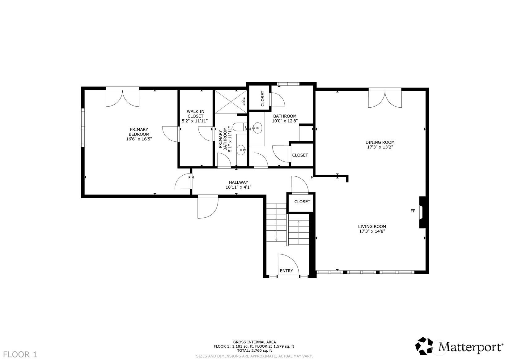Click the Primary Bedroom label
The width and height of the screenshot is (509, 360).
pyautogui.click(x=139, y=132)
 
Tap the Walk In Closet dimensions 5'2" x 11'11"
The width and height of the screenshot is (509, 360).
pyautogui.click(x=195, y=121)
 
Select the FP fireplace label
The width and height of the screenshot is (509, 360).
pyautogui.click(x=413, y=211)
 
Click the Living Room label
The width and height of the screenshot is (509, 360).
pyautogui.click(x=372, y=226)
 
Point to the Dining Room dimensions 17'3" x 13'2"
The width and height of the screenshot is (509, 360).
pyautogui.click(x=380, y=147)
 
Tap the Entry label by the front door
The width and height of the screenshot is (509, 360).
pyautogui.click(x=286, y=271)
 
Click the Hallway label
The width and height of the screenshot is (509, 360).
pyautogui.click(x=238, y=182)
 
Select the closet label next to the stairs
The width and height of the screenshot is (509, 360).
pyautogui.click(x=302, y=202)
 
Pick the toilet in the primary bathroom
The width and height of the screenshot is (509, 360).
pyautogui.click(x=239, y=127)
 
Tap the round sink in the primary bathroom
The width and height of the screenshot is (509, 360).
pyautogui.click(x=241, y=150)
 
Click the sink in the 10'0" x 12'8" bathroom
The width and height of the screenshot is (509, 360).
pyautogui.click(x=257, y=127)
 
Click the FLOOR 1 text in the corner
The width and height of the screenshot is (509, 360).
pyautogui.click(x=20, y=354)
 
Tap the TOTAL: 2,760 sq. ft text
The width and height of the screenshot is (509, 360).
pyautogui.click(x=254, y=351)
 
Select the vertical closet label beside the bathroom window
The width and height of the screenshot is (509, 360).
pyautogui.click(x=263, y=99)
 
